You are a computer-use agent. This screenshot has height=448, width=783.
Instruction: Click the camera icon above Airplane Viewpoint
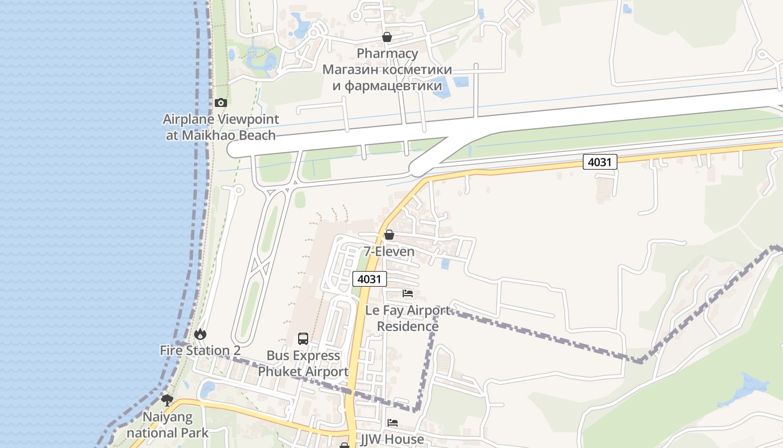pos(221,102)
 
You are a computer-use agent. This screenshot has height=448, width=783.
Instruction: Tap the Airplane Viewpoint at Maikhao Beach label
pos(221,127)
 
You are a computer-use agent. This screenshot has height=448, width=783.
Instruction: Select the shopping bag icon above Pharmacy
pos(386,37)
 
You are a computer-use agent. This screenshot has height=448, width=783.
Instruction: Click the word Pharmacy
pos(388,54)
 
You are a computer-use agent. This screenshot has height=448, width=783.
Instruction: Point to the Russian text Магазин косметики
pos(388,70)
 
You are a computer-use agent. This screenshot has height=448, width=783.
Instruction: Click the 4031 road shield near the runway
pos(600,162)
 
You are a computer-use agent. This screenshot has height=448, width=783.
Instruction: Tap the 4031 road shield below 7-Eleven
pos(370,279)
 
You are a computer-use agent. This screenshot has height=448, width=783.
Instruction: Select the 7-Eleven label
pos(389,251)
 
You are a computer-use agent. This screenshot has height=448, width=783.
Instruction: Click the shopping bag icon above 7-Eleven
pos(389,235)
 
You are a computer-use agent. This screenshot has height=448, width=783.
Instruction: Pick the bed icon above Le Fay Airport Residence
pos(408,293)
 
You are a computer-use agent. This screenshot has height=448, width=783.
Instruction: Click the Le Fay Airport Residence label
pos(408,318)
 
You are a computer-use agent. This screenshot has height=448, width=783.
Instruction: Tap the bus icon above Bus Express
pos(303,338)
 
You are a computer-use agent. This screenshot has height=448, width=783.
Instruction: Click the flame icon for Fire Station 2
pos(200,334)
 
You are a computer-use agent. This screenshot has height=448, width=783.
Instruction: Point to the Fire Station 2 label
pos(200,351)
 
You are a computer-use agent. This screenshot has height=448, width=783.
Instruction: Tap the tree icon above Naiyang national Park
pos(167,400)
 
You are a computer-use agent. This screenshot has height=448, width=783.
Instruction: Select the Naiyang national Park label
pos(167,425)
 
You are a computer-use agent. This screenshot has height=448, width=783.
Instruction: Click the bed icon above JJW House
pos(393,423)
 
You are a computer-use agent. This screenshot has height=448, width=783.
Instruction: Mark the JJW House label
pos(392,440)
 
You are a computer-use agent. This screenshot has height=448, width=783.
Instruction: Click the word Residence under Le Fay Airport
pos(408,326)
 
